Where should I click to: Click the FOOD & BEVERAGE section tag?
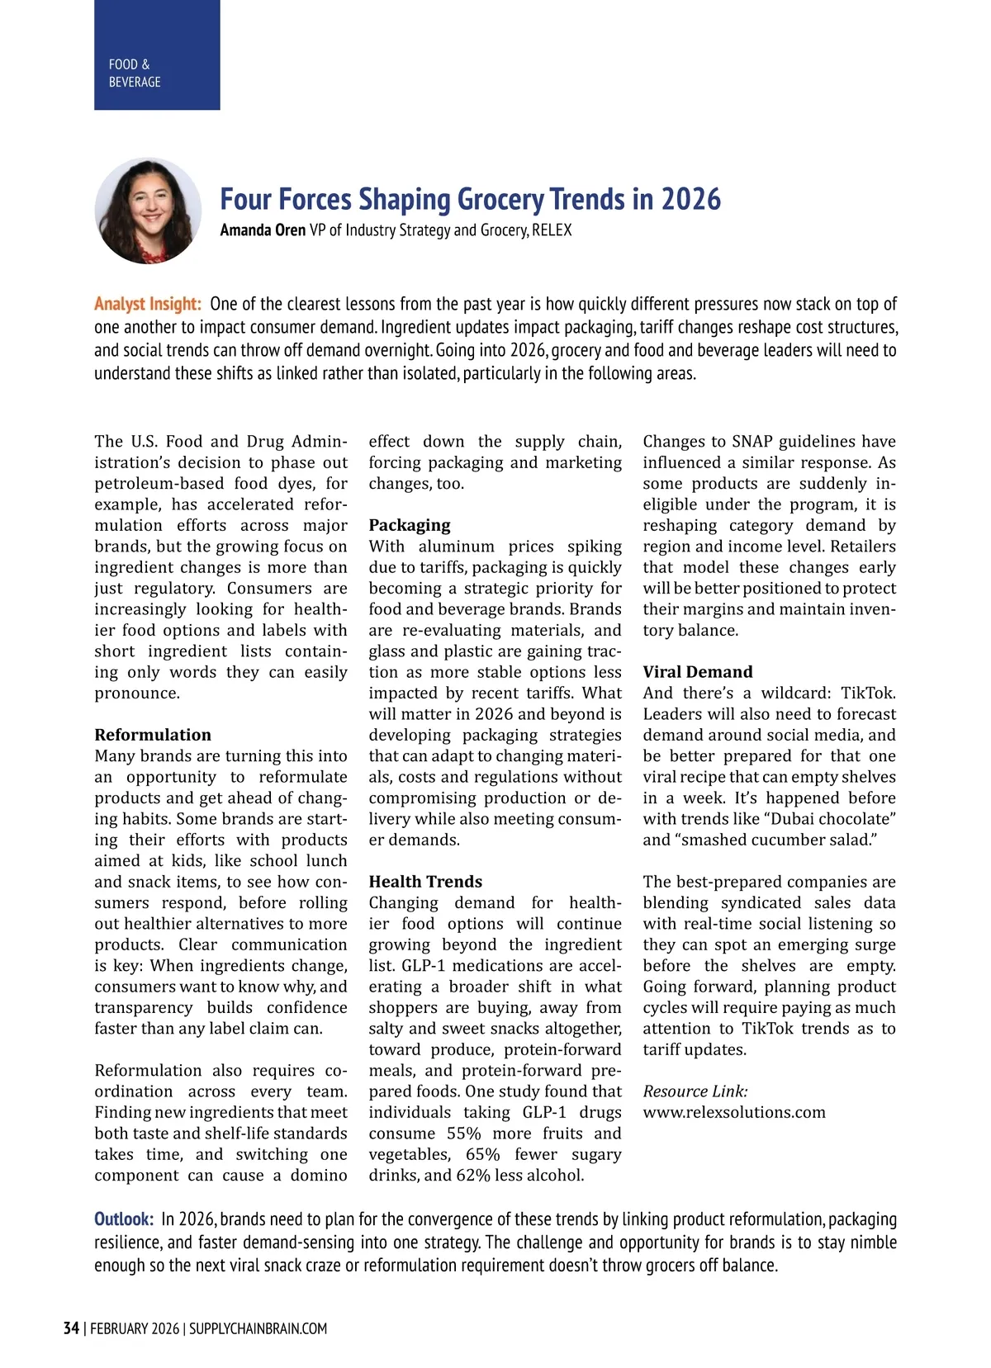pos(135,73)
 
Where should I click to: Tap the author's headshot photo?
pos(148,211)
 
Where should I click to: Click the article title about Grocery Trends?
pos(470,199)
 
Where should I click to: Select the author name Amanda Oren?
pos(263,230)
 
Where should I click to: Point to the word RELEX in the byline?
pos(552,230)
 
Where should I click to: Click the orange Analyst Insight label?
pos(148,304)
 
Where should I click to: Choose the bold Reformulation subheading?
pos(153,735)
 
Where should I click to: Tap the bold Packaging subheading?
pos(410,525)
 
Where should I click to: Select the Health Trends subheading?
pos(425,882)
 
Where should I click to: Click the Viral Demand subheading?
pos(698,672)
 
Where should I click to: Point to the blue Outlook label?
pos(124,1219)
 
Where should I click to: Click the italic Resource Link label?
pos(695,1091)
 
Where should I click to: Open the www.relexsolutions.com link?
pos(734,1112)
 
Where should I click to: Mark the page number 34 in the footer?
pos(71,1328)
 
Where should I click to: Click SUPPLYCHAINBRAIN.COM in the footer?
pos(258,1328)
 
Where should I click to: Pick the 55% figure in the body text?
pos(464,1134)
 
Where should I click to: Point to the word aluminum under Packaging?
pos(457,547)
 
